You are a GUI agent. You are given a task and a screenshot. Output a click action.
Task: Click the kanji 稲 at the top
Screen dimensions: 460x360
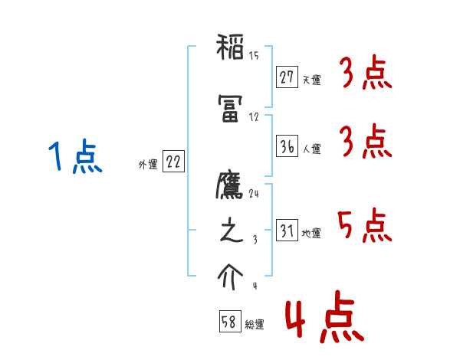230,51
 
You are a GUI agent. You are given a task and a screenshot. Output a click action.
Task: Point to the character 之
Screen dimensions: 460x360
230,234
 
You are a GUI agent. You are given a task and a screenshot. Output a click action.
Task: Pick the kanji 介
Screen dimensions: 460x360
230,277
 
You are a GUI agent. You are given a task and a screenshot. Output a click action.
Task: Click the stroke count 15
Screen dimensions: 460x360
254,56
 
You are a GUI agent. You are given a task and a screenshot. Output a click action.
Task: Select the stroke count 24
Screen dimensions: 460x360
254,193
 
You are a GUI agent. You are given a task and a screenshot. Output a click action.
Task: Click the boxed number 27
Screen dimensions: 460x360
287,77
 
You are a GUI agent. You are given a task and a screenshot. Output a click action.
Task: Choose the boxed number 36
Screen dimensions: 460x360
287,146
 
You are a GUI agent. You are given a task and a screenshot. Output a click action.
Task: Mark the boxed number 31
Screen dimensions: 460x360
287,230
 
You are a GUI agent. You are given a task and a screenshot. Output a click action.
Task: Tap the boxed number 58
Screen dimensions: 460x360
229,322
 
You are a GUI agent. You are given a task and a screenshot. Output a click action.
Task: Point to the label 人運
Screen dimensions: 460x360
311,149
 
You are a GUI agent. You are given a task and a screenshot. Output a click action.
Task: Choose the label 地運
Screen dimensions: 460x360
311,233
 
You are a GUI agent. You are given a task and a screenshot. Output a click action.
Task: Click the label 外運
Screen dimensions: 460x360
147,164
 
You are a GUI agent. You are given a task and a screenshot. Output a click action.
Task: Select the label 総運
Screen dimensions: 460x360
254,325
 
